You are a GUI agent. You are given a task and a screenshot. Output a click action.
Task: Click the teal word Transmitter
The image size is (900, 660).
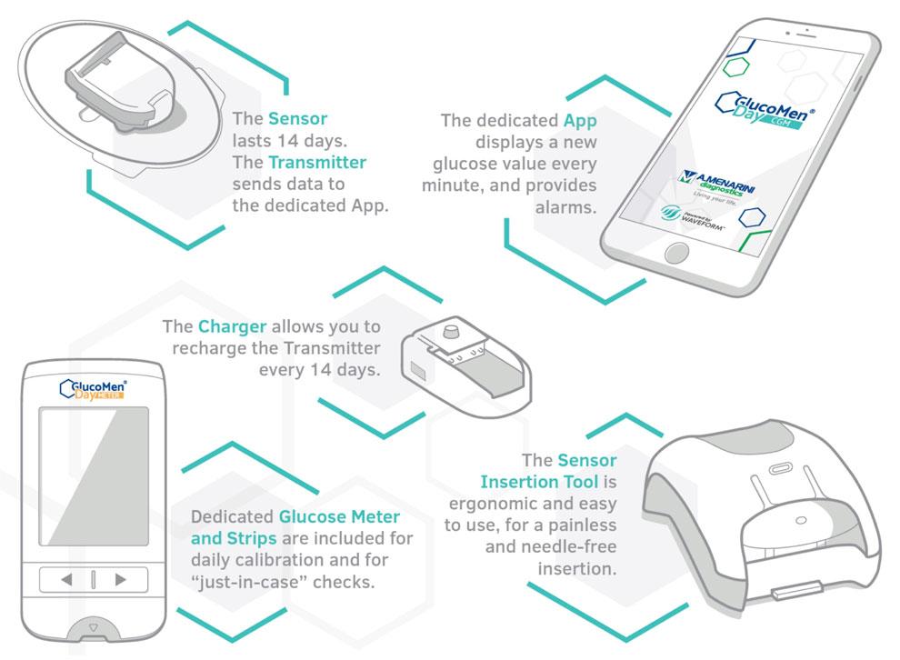(317, 163)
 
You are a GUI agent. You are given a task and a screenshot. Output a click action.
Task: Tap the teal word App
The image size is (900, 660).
(580, 121)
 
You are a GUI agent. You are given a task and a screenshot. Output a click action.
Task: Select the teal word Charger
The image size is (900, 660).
(232, 326)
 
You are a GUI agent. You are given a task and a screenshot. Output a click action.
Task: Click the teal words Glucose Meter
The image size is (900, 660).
(339, 516)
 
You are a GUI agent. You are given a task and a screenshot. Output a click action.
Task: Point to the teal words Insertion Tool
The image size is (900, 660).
(539, 482)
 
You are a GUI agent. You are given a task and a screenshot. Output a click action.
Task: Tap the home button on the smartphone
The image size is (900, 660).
(676, 253)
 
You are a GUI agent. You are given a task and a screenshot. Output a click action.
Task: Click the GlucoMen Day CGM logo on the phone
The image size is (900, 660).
(764, 109)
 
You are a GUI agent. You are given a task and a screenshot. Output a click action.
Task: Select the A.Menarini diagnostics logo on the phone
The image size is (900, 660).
(715, 185)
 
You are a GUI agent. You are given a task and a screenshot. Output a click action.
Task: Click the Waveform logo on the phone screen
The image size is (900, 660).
(692, 218)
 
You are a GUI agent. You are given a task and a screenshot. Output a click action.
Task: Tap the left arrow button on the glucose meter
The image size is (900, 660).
(66, 579)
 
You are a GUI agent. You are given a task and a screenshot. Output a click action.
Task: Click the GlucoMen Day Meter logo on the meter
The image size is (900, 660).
(93, 389)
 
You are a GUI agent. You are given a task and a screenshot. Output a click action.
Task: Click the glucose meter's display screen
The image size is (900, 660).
(94, 476)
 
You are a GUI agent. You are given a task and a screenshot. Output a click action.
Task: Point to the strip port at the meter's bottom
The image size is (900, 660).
(94, 628)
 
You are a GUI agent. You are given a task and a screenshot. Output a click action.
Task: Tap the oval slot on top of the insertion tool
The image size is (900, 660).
(780, 469)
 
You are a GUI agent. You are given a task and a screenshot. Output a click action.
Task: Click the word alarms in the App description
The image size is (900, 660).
(566, 207)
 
